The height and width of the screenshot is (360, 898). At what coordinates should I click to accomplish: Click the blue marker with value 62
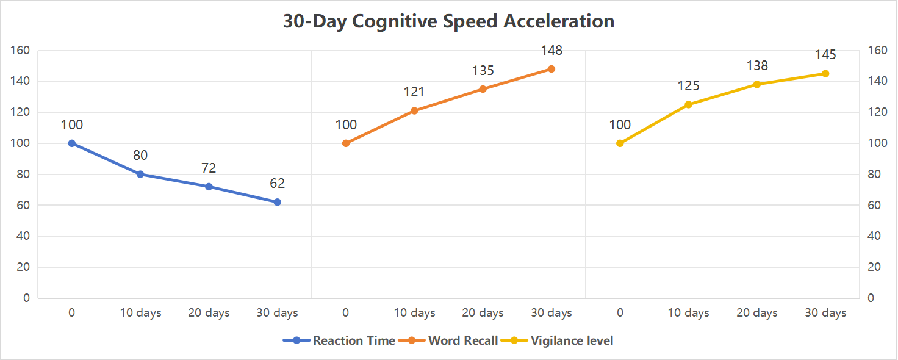point(277,202)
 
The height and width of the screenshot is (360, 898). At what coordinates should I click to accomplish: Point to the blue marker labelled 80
point(140,174)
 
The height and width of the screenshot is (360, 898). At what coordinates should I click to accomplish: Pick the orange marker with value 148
point(551,69)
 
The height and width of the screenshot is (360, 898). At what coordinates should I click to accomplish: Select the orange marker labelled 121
point(414,110)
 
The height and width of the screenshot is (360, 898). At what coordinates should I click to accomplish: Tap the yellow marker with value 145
point(825,73)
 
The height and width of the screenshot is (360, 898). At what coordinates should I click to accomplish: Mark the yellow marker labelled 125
point(688,104)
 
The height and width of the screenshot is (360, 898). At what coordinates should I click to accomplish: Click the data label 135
point(483,71)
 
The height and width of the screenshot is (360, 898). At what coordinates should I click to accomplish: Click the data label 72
point(209,168)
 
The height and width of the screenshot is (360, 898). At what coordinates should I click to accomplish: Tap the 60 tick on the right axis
point(874,205)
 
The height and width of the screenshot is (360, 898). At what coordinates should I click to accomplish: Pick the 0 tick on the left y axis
point(26,298)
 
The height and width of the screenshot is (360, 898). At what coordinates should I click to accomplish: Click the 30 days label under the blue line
point(277,313)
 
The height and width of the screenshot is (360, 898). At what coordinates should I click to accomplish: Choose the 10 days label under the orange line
point(414,313)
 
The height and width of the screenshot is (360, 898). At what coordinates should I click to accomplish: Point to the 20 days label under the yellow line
point(756,313)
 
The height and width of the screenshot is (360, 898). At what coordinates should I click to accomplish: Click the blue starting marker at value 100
point(72,143)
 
